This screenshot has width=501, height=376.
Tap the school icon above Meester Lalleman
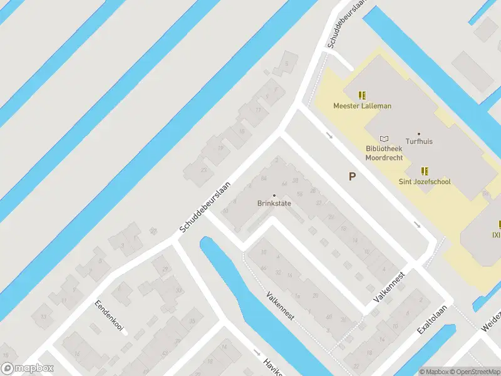tap(362, 95)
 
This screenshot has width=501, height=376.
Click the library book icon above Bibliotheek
tap(384, 138)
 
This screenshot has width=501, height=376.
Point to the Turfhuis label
tap(419, 142)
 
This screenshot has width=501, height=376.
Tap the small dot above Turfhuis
tap(419, 133)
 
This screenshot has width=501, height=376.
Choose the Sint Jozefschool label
tap(425, 182)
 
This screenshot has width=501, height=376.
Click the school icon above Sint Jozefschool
tap(425, 170)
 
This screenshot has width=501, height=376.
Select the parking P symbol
tap(352, 177)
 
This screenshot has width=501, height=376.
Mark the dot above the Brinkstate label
tap(274, 196)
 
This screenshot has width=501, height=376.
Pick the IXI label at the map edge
tap(496, 235)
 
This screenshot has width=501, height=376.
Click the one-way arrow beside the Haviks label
tap(256, 352)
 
